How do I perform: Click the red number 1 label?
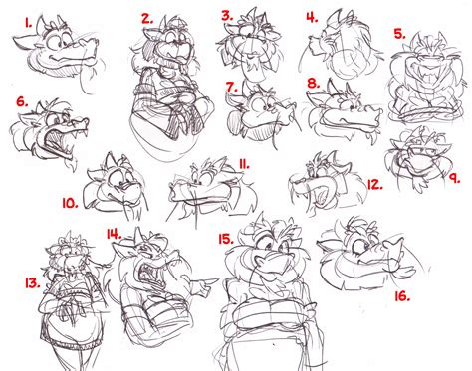click(x=28, y=23)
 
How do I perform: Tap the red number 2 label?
click(x=147, y=19)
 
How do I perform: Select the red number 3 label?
click(x=227, y=16)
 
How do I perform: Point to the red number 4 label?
click(x=312, y=17)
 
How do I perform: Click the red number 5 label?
click(x=399, y=34)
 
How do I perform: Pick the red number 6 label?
click(x=22, y=102)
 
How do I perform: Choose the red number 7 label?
click(x=232, y=87)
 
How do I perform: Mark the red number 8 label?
click(x=314, y=83)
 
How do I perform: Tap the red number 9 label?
click(x=454, y=178)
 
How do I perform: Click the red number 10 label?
click(x=71, y=203)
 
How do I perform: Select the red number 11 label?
click(x=244, y=164)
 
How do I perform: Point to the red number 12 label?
click(x=375, y=185)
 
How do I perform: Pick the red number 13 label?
click(x=33, y=283)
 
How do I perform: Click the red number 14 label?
click(x=114, y=234)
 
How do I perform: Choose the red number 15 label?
click(x=226, y=239)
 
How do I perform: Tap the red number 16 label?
click(x=402, y=296)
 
